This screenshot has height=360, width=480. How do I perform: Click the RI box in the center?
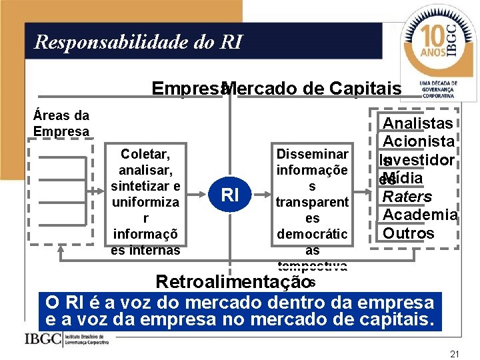pos(229,195)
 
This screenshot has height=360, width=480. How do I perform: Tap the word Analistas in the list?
pos(417,123)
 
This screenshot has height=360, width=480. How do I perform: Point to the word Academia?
pos(419,215)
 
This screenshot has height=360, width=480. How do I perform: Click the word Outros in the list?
pos(408,233)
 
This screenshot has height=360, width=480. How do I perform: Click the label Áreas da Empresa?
pos(61,123)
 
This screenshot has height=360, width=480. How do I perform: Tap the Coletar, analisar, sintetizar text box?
pos(145,199)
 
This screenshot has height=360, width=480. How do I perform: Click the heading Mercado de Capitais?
pos(313,89)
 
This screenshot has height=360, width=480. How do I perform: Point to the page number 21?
pos(455,353)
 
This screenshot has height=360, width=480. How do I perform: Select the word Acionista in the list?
pos(418,141)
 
